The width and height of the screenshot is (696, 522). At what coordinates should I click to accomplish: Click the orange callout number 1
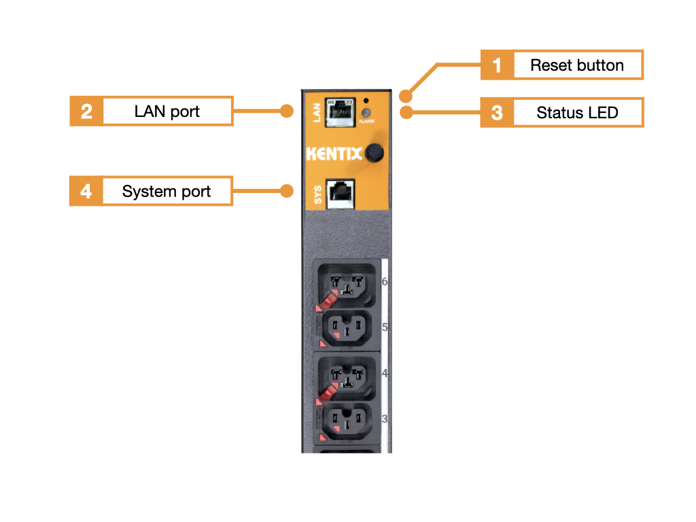pos(497,65)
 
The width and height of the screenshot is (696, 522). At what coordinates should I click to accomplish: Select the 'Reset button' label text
pos(577,65)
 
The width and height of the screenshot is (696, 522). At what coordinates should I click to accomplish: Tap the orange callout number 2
pos(86,111)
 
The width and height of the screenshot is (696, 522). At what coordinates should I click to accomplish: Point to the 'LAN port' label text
pos(167,111)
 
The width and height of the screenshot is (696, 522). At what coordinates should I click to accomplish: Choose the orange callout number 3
pos(497,112)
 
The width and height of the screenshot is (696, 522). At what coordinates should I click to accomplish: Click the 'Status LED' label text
pos(577,112)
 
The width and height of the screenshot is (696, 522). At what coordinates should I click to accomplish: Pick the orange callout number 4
pos(86,191)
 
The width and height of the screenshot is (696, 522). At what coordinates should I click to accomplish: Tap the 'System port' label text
pos(167,191)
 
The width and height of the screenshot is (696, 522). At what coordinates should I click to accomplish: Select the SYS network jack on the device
pos(340,192)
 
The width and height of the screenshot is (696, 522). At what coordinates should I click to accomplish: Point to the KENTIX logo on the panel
pos(334,154)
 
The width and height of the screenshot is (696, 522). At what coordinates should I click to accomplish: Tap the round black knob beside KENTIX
pos(373,153)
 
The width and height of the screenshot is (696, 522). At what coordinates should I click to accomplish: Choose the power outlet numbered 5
pos(347,329)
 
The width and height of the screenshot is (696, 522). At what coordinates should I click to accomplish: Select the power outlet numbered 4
pos(347,375)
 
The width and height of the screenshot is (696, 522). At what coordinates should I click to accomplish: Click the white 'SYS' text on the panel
pos(317,194)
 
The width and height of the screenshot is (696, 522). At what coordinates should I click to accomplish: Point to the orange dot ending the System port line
pos(288,191)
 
